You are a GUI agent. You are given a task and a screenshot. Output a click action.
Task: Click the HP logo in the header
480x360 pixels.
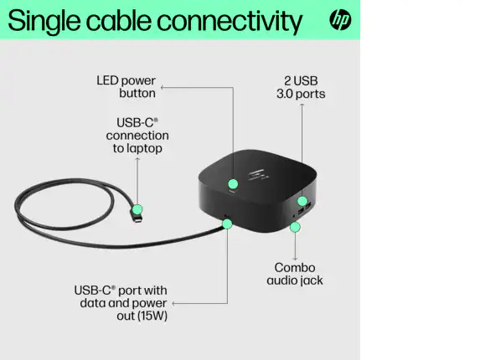(340, 20)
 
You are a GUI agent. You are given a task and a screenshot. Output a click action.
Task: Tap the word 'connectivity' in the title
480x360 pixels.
(230, 22)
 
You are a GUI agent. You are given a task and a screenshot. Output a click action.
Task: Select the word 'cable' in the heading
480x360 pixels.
(119, 20)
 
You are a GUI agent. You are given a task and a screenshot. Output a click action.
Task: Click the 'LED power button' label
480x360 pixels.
(126, 87)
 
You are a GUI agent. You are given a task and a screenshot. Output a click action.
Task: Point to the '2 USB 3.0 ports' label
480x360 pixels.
(301, 87)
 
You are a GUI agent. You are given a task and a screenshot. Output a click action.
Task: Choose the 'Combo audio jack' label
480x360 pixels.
(295, 274)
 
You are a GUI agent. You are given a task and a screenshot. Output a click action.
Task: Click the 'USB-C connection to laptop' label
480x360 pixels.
(137, 136)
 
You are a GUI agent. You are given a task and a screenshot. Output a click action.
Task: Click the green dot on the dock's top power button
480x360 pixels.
(233, 184)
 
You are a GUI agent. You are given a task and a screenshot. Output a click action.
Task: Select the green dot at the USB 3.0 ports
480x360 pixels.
(302, 201)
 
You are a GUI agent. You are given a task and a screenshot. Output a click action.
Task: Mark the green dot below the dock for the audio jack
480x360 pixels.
(295, 227)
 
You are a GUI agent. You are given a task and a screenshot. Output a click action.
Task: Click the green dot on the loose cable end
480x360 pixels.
(137, 209)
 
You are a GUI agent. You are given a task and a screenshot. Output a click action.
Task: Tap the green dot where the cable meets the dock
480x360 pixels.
(227, 224)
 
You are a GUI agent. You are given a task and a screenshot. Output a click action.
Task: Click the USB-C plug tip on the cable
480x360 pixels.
(138, 219)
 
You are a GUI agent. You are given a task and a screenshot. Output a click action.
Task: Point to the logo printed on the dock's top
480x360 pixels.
(259, 174)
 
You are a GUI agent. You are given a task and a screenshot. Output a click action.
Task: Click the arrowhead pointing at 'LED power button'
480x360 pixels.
(163, 87)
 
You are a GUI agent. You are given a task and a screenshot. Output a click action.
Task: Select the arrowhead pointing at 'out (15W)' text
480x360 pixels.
(173, 303)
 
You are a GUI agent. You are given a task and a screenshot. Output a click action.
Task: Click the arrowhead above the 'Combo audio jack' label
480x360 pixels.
(295, 259)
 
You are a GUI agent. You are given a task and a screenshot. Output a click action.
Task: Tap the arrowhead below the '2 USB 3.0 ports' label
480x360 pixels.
(302, 105)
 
